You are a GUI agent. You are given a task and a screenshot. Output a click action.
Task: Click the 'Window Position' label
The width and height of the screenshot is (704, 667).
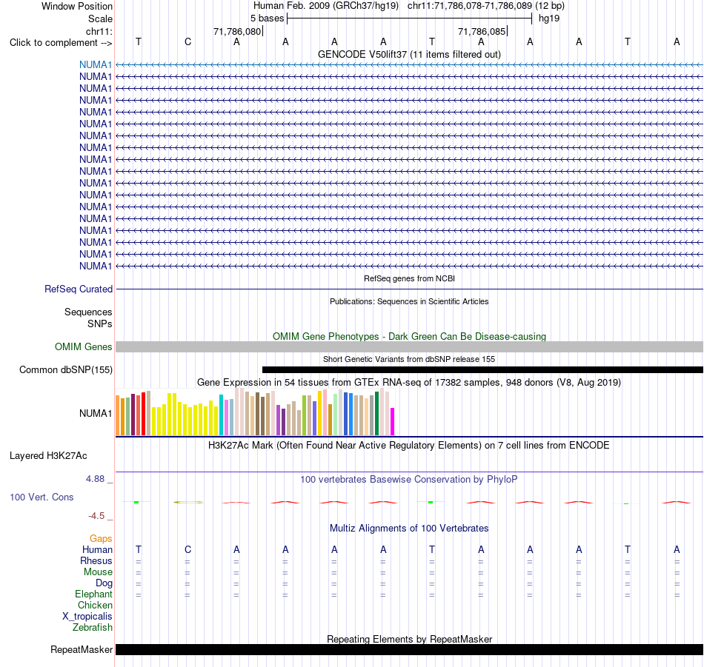77,6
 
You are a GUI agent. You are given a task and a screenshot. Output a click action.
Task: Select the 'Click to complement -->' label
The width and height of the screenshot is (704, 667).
61,43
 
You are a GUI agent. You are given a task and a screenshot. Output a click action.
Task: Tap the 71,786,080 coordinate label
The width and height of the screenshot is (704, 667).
237,31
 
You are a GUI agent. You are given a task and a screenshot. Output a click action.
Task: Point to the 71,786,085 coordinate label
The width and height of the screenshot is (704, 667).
482,31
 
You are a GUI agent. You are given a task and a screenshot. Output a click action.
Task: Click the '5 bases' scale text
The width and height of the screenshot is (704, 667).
267,19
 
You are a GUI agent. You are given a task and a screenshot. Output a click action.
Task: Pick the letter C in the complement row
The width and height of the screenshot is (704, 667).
187,41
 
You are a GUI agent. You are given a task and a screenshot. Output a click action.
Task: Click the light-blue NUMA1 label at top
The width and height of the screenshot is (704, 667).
96,64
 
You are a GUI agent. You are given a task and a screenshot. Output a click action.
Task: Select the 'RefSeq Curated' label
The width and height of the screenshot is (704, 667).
79,289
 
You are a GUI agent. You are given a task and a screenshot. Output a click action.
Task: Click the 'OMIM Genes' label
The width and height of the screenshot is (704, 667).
84,346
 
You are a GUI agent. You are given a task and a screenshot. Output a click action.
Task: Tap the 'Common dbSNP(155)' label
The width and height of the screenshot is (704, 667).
66,369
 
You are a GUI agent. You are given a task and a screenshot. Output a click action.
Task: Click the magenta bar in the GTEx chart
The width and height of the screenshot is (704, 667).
393,422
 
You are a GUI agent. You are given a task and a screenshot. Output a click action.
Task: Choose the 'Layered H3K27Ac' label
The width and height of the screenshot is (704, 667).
48,456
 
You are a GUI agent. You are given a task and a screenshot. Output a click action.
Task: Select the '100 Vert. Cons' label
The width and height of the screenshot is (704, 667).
41,497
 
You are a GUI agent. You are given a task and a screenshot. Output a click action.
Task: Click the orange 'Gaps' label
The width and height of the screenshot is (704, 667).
101,538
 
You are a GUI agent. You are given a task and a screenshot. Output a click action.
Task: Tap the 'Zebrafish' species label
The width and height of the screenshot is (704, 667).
93,627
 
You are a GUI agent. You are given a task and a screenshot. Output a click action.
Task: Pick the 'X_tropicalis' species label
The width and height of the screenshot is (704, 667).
87,617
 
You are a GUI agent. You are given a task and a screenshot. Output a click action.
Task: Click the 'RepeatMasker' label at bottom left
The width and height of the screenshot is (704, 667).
82,649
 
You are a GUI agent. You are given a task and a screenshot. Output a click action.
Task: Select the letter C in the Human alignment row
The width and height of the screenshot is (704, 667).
187,549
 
